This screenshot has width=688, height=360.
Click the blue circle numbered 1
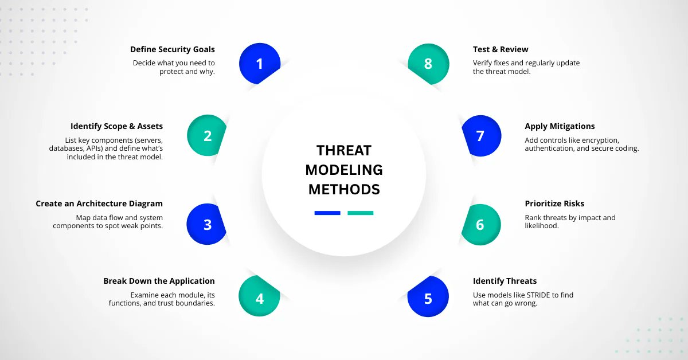[259, 63]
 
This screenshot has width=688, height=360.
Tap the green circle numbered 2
[208, 136]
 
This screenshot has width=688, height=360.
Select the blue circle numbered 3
[208, 224]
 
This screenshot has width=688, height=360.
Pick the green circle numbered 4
[259, 298]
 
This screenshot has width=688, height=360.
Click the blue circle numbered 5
[428, 298]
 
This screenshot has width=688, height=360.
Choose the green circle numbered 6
[480, 224]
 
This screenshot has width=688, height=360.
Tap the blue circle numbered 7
[480, 136]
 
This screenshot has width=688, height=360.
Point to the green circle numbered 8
[428, 63]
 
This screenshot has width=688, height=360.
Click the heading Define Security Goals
[172, 49]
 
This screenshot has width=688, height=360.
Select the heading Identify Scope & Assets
[116, 126]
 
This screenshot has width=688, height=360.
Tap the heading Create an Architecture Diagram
[99, 204]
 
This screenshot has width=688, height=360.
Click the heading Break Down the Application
[159, 281]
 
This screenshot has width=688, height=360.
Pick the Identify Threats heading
[505, 281]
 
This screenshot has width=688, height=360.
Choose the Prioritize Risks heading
[554, 204]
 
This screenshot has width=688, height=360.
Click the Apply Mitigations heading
[560, 126]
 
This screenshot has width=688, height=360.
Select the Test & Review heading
[501, 49]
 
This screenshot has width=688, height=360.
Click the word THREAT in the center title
[344, 151]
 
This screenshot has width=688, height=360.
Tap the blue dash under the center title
[327, 213]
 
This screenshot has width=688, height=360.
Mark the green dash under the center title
[360, 213]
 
